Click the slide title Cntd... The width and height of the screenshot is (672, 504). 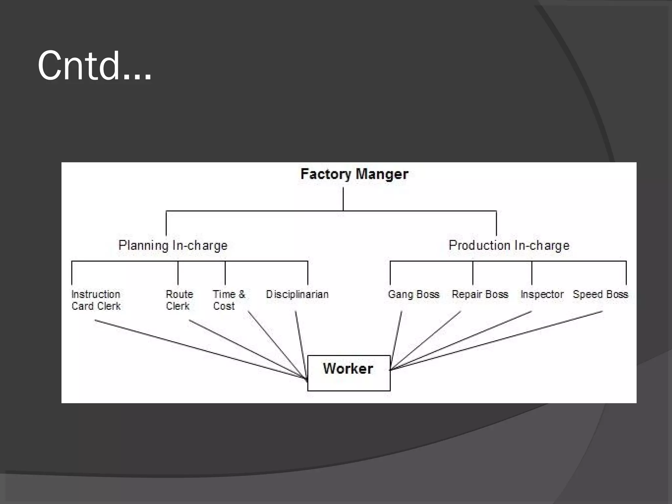[x=94, y=66]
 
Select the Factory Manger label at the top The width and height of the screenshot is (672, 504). [x=354, y=174]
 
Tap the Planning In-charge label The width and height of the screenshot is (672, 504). [x=173, y=245]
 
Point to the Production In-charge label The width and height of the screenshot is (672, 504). [x=509, y=245]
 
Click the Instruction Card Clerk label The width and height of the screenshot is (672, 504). [x=96, y=300]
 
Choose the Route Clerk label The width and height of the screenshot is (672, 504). [x=179, y=300]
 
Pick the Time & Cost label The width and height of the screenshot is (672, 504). [x=229, y=300]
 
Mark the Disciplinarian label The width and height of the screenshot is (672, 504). [x=297, y=294]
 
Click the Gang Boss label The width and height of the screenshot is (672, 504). [x=413, y=294]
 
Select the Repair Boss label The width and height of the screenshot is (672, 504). [x=480, y=294]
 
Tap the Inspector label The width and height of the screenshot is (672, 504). [x=542, y=294]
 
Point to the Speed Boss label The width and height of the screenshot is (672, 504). [x=600, y=294]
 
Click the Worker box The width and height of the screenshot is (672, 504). [x=348, y=373]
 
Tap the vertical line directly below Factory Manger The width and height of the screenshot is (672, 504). [x=343, y=199]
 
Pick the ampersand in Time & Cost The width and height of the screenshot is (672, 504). [x=242, y=294]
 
